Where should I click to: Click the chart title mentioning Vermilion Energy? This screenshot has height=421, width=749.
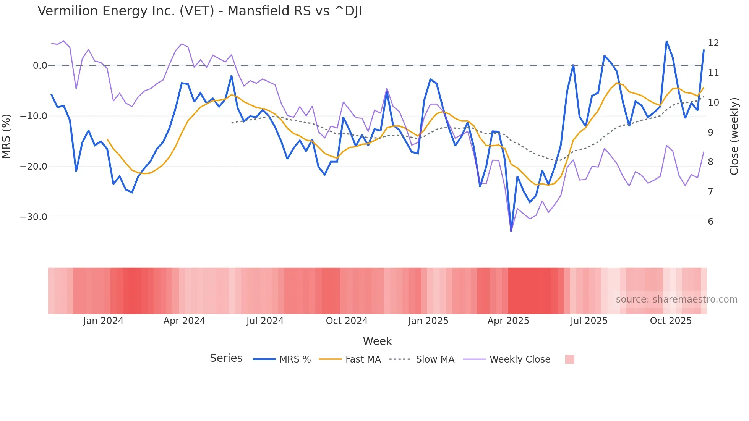(x=199, y=11)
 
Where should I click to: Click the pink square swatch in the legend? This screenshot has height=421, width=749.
(x=569, y=359)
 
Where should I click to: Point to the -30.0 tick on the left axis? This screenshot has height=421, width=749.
(x=33, y=217)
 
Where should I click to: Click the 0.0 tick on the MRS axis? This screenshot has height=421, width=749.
(x=40, y=66)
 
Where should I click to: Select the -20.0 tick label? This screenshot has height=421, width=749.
(x=33, y=167)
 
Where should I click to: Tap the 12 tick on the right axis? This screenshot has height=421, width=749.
(x=713, y=43)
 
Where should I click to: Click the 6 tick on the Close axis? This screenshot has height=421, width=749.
(x=710, y=222)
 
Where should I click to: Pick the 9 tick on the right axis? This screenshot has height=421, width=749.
(x=710, y=133)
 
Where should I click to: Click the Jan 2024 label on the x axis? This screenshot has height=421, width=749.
(x=103, y=321)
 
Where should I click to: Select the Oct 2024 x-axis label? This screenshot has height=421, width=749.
(x=347, y=321)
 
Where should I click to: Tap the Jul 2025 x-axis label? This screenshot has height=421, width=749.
(x=589, y=321)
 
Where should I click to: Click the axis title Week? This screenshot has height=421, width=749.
(x=377, y=341)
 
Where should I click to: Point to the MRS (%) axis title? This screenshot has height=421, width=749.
(x=6, y=136)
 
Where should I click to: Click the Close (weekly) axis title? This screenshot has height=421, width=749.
(x=734, y=136)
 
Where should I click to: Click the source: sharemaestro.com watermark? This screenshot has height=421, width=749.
(x=676, y=300)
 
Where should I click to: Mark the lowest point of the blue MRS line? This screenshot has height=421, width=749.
(x=511, y=231)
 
